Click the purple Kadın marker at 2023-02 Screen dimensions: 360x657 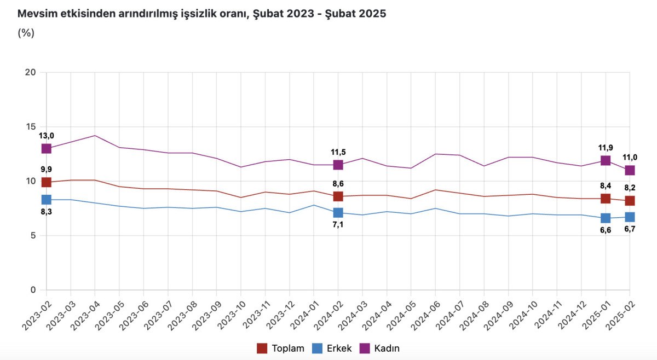pyautogui.click(x=47, y=148)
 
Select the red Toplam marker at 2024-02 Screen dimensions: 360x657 pyautogui.click(x=338, y=196)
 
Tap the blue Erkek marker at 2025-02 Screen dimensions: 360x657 pyautogui.click(x=630, y=217)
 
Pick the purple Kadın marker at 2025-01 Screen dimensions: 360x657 pyautogui.click(x=606, y=160)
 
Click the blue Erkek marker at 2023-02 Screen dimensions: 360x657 pyautogui.click(x=47, y=200)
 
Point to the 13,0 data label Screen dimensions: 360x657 pyautogui.click(x=47, y=136)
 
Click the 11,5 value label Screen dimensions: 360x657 pyautogui.click(x=338, y=152)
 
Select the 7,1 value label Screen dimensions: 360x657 pyautogui.click(x=338, y=225)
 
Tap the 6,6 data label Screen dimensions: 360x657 pyautogui.click(x=606, y=230)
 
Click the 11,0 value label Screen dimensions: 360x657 pyautogui.click(x=630, y=158)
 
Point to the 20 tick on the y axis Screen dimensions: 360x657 pyautogui.click(x=31, y=72)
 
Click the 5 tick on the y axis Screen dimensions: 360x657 pyautogui.click(x=33, y=236)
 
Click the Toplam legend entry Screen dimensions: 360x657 pyautogui.click(x=287, y=349)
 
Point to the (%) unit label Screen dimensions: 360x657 pyautogui.click(x=26, y=33)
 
